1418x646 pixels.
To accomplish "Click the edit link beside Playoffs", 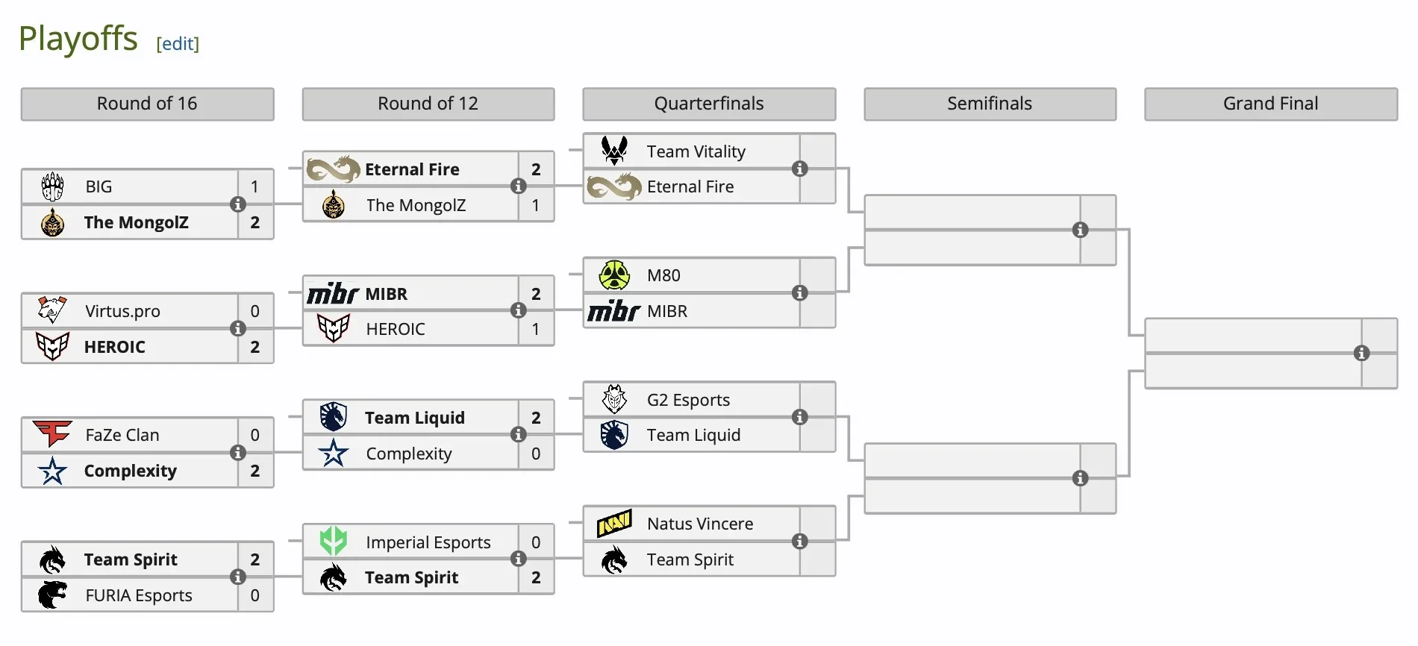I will pos(178,44).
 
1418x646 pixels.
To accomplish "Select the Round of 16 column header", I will pos(147,104).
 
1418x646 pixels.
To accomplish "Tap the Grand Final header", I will pos(1270,104).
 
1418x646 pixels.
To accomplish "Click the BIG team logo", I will pos(52,186).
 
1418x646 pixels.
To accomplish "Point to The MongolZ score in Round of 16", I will pos(255,222).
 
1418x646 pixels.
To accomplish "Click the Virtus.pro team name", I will pos(122,311).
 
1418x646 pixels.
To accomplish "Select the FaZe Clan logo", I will pos(52,433).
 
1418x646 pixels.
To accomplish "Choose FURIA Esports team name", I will pos(139,595).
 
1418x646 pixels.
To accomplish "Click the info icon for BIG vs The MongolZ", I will pos(238,204).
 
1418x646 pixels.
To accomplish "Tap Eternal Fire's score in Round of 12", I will pos(536,169).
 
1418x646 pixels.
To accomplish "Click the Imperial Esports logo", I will pos(334,542).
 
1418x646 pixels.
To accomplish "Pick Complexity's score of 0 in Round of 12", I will pos(536,454).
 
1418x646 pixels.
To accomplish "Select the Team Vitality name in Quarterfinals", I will pos(696,151).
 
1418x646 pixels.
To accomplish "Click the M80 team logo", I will pos(614,275).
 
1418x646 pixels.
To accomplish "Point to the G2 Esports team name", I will pos(688,400).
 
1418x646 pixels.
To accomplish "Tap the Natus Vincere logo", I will pos(614,524).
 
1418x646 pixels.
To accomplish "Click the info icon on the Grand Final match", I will pos(1361,354).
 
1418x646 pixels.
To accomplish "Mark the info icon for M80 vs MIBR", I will pos(800,293).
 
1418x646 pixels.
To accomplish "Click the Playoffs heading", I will pos(78,39).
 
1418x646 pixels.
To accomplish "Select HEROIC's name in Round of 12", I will pos(396,329).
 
